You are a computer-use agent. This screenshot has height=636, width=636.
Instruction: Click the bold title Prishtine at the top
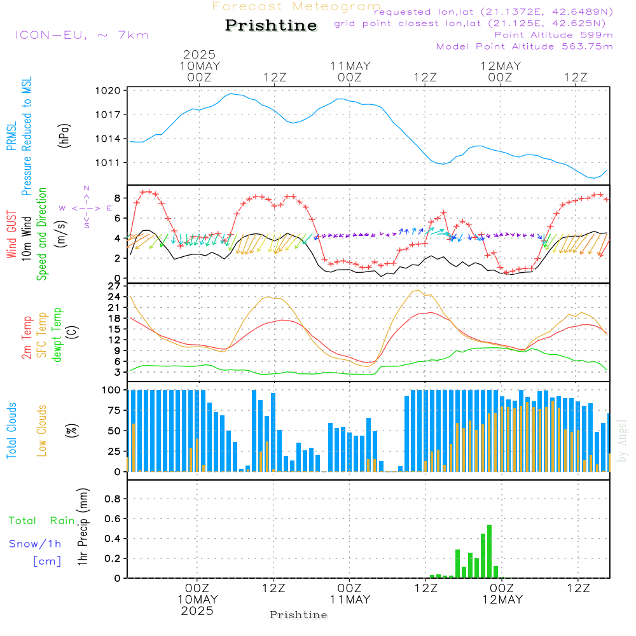pyautogui.click(x=271, y=25)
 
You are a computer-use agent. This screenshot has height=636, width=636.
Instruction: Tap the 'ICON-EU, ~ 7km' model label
pyautogui.click(x=82, y=35)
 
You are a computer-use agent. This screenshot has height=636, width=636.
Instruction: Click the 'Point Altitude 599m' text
pyautogui.click(x=554, y=35)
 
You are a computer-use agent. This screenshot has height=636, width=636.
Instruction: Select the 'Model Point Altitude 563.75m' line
pyautogui.click(x=525, y=46)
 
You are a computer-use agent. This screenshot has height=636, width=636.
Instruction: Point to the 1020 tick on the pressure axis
pyautogui.click(x=108, y=90)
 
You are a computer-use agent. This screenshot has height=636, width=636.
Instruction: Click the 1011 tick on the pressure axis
pyautogui.click(x=108, y=163)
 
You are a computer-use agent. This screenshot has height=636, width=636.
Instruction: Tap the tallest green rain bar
pyautogui.click(x=489, y=551)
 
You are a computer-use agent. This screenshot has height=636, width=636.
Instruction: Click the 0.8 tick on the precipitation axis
pyautogui.click(x=113, y=499)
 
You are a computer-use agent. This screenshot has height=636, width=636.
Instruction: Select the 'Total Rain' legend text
pyautogui.click(x=42, y=521)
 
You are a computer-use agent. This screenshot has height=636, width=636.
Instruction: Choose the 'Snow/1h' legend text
pyautogui.click(x=35, y=544)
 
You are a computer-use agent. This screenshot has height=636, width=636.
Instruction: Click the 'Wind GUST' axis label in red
pyautogui.click(x=11, y=234)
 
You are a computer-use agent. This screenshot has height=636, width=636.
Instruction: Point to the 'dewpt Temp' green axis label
pyautogui.click(x=57, y=335)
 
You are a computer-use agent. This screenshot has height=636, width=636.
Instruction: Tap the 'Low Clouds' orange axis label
pyautogui.click(x=41, y=431)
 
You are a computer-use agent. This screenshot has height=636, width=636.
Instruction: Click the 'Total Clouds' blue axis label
pyautogui.click(x=11, y=431)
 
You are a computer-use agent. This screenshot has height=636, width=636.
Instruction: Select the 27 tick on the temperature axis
pyautogui.click(x=114, y=286)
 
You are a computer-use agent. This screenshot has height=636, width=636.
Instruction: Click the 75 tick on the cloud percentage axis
pyautogui.click(x=114, y=410)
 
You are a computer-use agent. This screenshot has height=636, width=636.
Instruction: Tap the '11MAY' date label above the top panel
pyautogui.click(x=350, y=66)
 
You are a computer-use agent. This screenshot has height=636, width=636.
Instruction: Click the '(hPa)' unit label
pyautogui.click(x=64, y=135)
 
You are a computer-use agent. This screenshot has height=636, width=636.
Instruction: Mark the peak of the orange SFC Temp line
pyautogui.click(x=418, y=290)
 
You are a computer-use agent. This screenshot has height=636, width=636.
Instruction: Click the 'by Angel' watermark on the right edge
pyautogui.click(x=622, y=441)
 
